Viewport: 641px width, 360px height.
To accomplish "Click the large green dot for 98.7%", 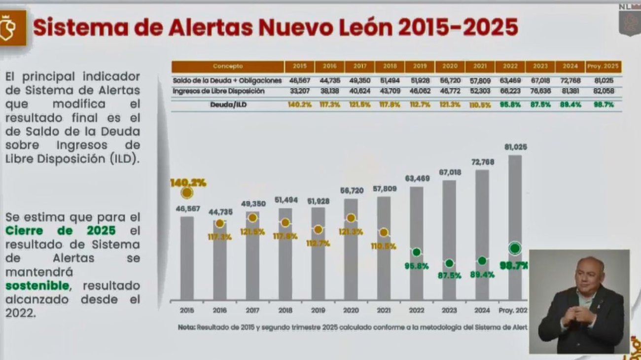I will coord(515,248).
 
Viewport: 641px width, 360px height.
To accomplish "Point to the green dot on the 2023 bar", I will coord(449,263).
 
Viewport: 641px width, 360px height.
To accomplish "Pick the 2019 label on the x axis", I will coord(318,311).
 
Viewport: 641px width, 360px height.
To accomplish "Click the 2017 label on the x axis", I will coord(252,311).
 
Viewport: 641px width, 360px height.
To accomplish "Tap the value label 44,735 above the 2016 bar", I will coord(220,213).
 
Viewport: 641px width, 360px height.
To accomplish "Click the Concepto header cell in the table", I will coord(228,67).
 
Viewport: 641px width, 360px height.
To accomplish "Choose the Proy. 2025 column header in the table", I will coord(604,67).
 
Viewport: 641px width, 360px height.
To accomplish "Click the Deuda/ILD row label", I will coord(228,105).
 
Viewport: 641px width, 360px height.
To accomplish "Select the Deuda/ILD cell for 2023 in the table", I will coord(540,105).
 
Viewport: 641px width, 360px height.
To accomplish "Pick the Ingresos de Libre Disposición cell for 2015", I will coord(300,92).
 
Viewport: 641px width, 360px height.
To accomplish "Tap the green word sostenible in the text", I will coord(37,286).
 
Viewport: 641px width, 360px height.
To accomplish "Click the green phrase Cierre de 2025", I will coord(61,231).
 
